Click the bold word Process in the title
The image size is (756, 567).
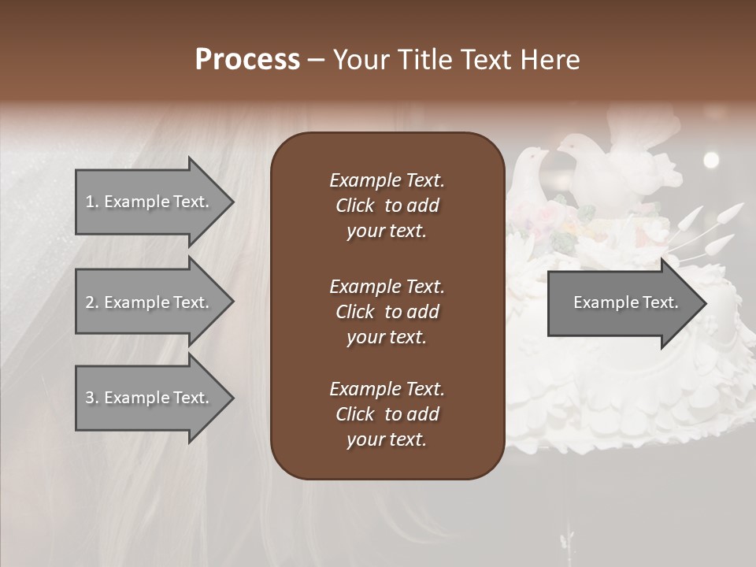(x=247, y=60)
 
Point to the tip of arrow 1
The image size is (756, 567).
(x=232, y=202)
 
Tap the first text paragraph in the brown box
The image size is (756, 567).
(x=387, y=206)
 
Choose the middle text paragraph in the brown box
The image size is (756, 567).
(x=387, y=312)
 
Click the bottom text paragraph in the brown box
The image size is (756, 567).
(x=387, y=414)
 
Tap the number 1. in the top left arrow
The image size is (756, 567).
(x=92, y=202)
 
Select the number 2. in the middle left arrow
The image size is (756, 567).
(x=92, y=302)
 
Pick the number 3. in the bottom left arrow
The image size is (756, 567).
(x=92, y=398)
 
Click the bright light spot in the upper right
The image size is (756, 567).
(x=711, y=160)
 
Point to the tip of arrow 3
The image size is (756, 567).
(x=232, y=398)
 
